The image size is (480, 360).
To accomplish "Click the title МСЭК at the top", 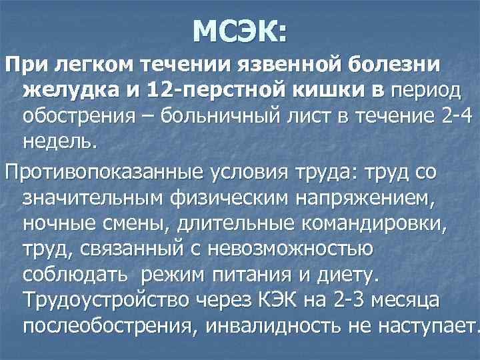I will tap(240, 31).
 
